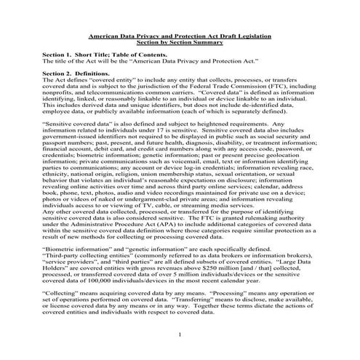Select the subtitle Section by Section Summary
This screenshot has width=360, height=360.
(180, 41)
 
